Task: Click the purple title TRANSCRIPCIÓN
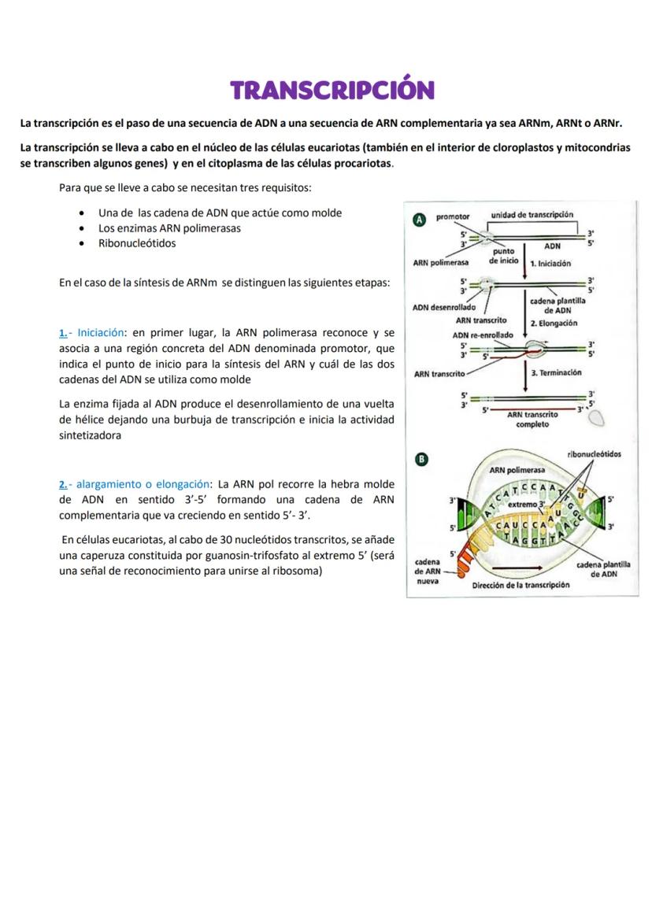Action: pos(332,89)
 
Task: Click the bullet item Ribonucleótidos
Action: pos(137,243)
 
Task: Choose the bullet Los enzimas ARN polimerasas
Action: pos(169,228)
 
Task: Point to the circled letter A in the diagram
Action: pos(419,220)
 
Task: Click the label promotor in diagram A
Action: pos(453,216)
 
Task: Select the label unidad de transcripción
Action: pos(532,215)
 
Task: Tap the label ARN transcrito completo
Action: pos(532,419)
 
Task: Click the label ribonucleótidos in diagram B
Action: pos(594,454)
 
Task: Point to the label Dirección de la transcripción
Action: pos(520,586)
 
